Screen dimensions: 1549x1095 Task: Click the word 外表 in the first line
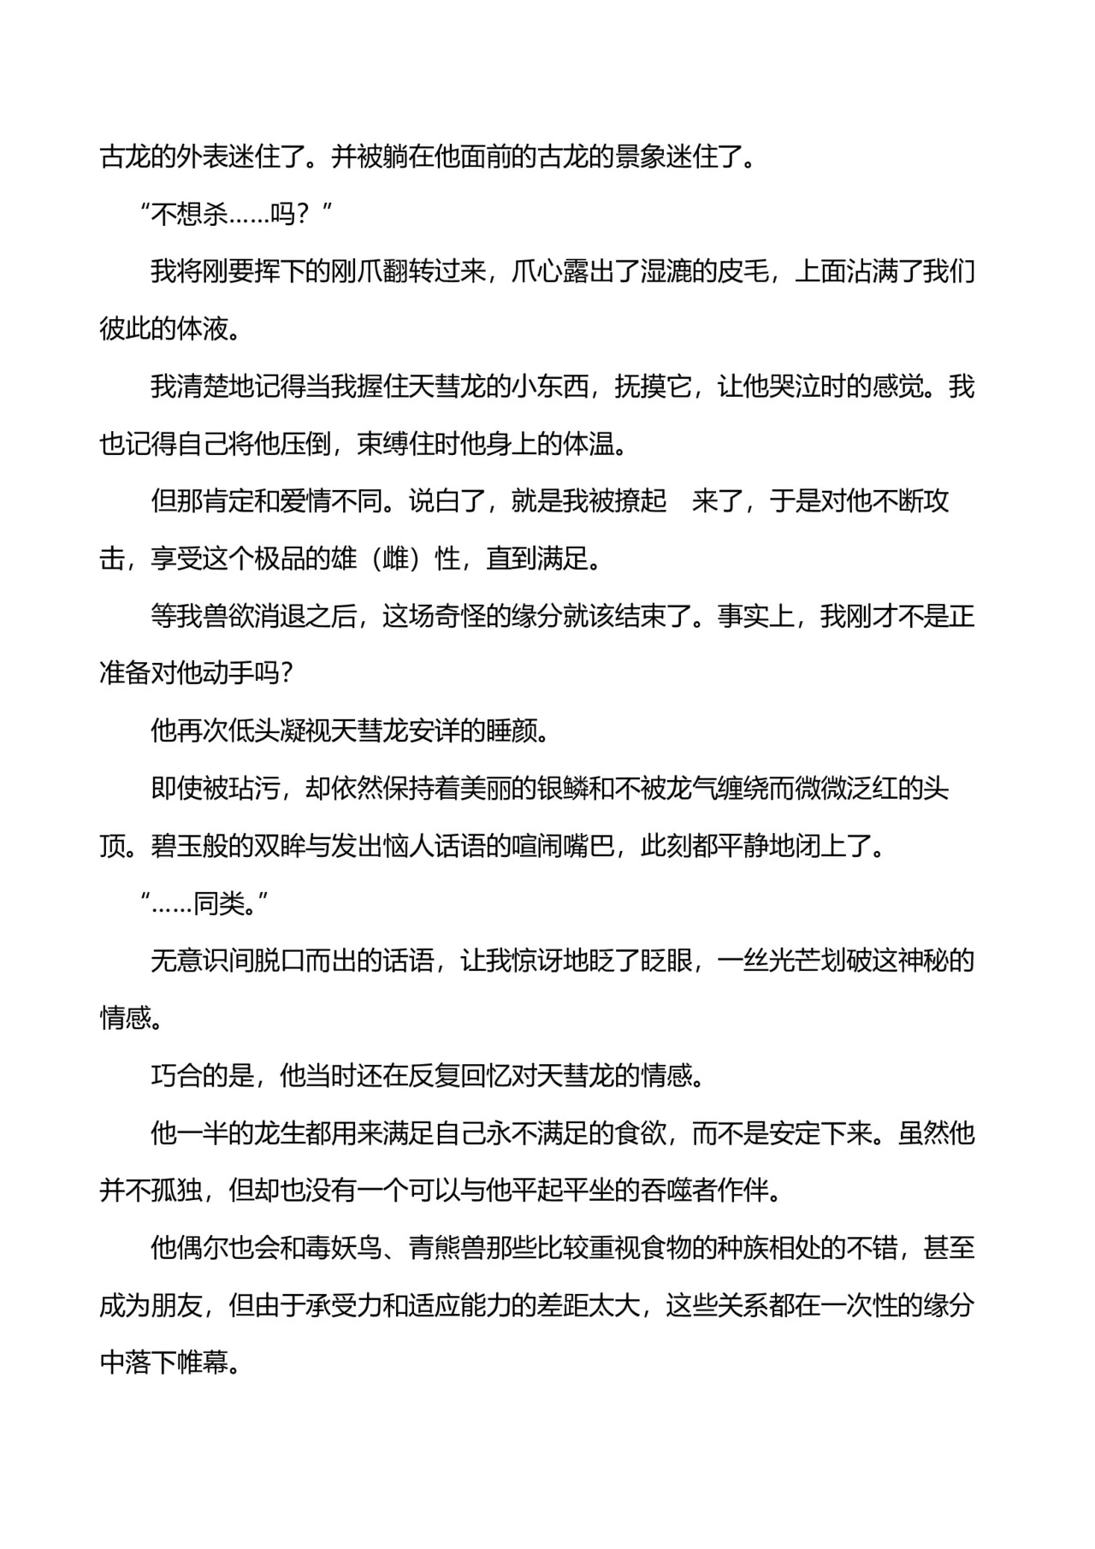pyautogui.click(x=203, y=157)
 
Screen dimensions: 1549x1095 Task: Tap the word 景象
pyautogui.click(x=640, y=157)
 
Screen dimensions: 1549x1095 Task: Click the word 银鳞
pyautogui.click(x=563, y=789)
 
